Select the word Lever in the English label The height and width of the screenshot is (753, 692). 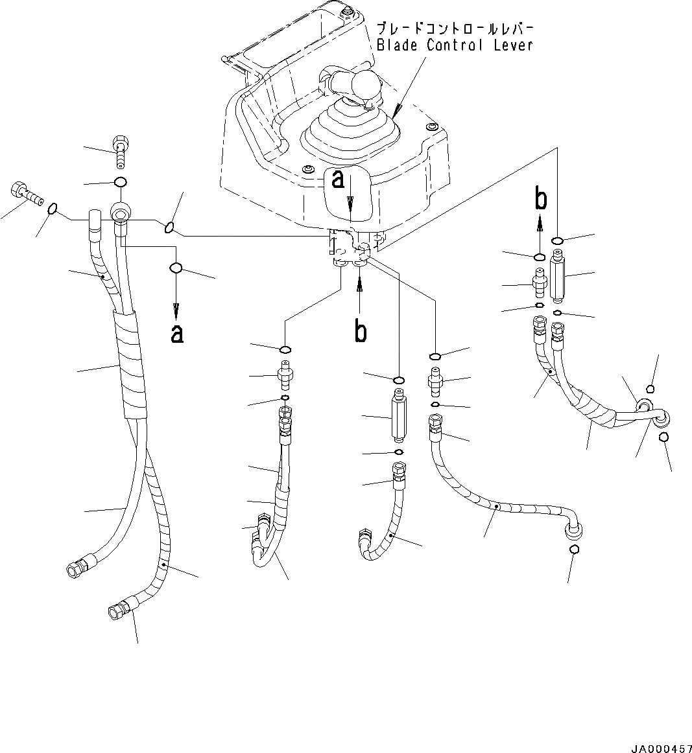click(512, 45)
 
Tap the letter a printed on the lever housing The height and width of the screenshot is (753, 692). click(338, 180)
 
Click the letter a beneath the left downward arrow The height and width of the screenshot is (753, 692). click(176, 333)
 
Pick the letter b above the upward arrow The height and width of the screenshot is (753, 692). click(541, 199)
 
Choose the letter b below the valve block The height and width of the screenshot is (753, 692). click(361, 331)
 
